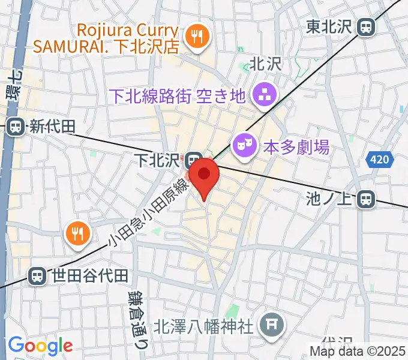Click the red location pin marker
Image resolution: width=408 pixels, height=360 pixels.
[x=205, y=175]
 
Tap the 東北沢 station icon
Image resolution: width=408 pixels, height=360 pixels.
[x=365, y=26]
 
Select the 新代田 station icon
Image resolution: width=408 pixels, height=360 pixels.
[x=16, y=127]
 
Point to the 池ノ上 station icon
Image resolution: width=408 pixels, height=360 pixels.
[x=365, y=199]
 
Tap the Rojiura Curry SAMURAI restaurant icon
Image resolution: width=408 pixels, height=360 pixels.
[x=196, y=37]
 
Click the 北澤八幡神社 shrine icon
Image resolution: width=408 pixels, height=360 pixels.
[x=272, y=325]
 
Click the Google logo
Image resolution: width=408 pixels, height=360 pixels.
[x=40, y=345]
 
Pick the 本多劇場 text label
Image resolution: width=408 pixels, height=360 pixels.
[x=296, y=146]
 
